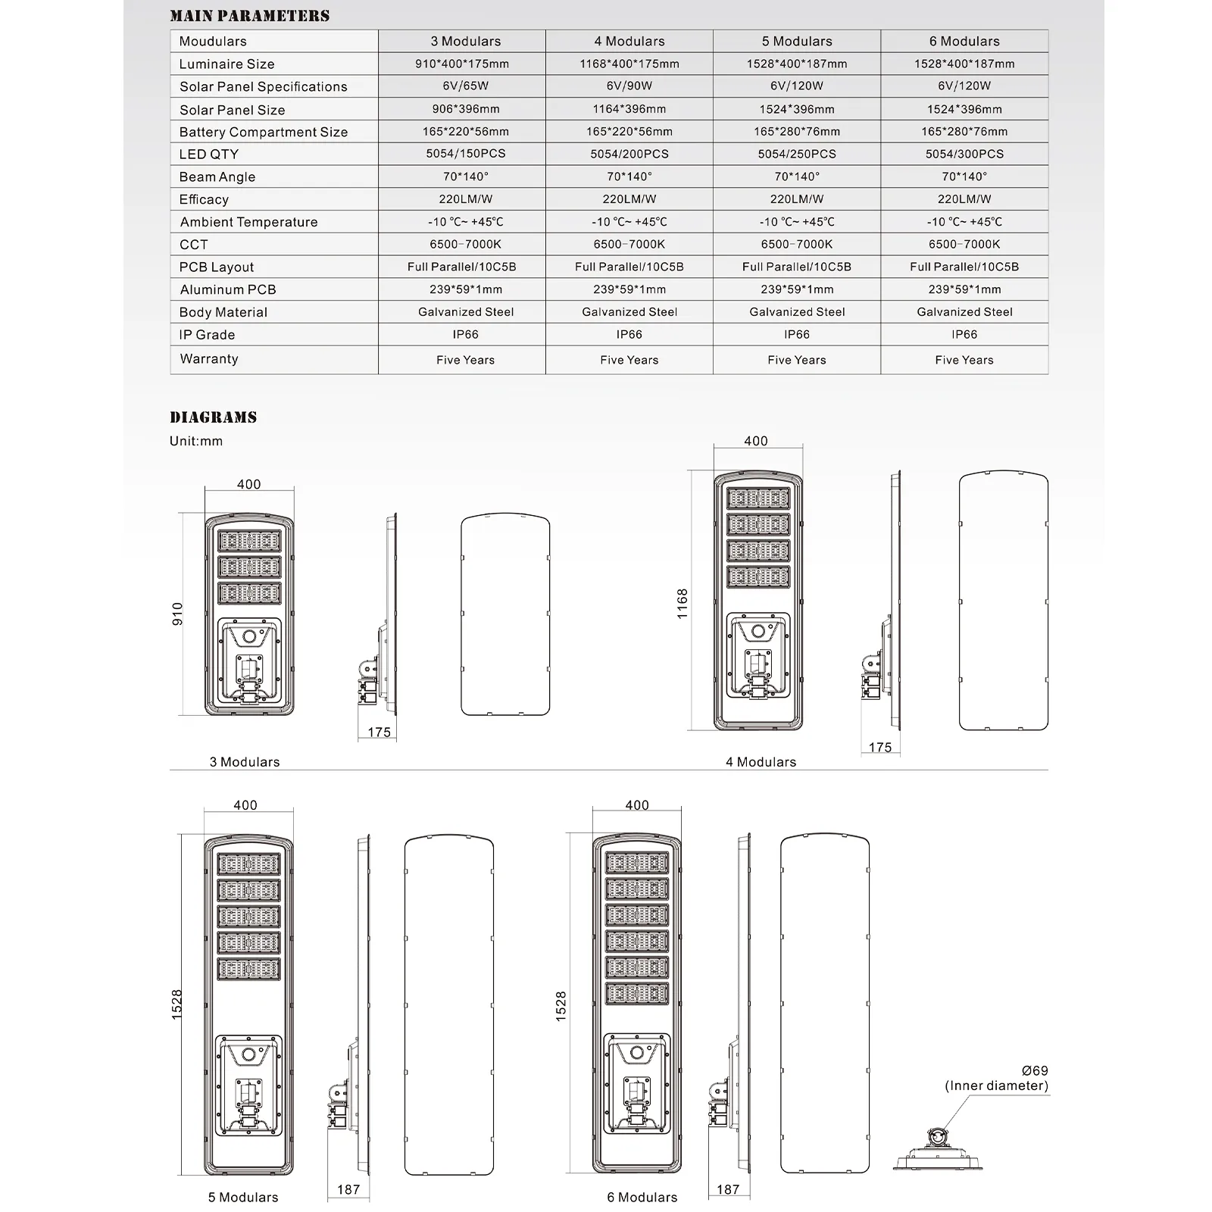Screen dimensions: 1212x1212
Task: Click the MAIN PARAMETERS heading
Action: [x=249, y=16]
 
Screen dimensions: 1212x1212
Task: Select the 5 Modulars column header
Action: [x=796, y=41]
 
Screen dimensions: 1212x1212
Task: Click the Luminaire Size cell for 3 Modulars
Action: [x=461, y=64]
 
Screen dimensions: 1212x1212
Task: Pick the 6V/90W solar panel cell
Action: [x=629, y=86]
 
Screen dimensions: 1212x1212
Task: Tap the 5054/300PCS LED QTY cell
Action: [x=964, y=154]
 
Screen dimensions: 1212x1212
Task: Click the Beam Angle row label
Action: [x=217, y=176]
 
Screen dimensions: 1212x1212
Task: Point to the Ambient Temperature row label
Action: [x=248, y=222]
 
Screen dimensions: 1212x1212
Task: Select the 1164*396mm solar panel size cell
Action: [x=629, y=109]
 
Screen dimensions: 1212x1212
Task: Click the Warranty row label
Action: [x=208, y=359]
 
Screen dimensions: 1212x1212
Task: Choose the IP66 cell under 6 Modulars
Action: [x=964, y=334]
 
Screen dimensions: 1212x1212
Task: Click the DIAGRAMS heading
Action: [x=213, y=417]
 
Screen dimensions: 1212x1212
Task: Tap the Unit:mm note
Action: [x=195, y=441]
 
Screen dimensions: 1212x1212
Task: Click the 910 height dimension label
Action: [x=177, y=614]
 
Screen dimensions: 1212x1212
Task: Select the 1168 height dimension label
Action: [x=682, y=604]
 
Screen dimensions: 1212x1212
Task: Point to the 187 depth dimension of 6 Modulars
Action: [x=727, y=1189]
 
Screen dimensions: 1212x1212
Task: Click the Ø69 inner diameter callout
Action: [x=1034, y=1071]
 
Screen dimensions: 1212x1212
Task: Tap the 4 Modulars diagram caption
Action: [x=761, y=762]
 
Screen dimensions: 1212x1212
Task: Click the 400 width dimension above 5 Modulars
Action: [x=245, y=805]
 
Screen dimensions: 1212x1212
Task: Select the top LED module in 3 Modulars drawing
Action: [x=249, y=541]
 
